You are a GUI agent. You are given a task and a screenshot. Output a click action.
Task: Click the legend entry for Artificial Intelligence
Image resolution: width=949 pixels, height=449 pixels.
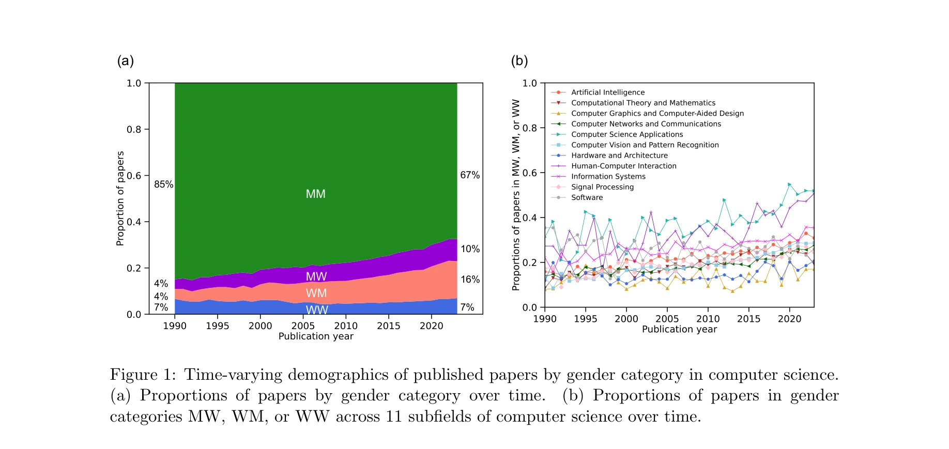point(607,92)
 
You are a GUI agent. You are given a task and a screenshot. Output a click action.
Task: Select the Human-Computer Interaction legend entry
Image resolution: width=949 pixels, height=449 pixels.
point(623,166)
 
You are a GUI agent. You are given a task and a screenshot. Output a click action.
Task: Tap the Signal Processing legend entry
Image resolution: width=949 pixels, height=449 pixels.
point(602,187)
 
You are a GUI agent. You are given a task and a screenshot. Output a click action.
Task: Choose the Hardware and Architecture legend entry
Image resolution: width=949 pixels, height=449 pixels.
point(619,156)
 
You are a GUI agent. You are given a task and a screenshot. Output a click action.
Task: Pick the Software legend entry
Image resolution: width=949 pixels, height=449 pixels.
point(587,197)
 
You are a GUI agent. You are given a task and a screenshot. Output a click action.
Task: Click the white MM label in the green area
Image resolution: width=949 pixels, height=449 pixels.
point(315,194)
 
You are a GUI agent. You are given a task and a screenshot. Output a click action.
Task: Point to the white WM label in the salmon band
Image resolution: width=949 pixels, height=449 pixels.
point(316,293)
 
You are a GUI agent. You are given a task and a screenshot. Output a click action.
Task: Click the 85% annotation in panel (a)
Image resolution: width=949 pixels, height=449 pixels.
point(163,184)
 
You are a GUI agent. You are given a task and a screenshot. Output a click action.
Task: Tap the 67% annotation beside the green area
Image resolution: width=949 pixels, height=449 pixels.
point(470,175)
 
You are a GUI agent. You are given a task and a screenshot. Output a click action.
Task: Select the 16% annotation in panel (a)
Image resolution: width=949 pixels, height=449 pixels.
point(470,280)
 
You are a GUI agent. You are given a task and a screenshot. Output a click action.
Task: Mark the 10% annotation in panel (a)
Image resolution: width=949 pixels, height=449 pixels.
point(470,249)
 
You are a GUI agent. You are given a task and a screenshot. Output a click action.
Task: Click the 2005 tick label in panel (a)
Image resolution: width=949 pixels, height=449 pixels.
point(303,326)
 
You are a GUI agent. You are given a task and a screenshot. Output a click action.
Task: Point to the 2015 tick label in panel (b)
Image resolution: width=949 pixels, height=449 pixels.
point(748,319)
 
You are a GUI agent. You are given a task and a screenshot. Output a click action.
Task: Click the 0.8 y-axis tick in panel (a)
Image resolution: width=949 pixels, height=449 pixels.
point(134,129)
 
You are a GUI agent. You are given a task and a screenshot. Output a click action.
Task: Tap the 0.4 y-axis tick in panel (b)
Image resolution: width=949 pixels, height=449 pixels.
point(529,218)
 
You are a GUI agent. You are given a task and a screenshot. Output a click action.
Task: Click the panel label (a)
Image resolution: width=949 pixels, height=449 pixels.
point(126,61)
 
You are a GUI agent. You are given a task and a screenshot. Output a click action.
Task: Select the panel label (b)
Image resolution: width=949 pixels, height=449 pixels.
point(519,61)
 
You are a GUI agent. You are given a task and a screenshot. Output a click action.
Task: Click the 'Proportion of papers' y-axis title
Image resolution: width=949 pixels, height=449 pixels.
point(120,198)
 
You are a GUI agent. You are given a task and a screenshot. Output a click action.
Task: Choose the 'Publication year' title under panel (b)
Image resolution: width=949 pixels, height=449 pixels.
point(679,330)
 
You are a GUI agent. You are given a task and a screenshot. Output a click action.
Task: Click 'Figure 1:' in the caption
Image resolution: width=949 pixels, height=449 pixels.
point(143,375)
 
